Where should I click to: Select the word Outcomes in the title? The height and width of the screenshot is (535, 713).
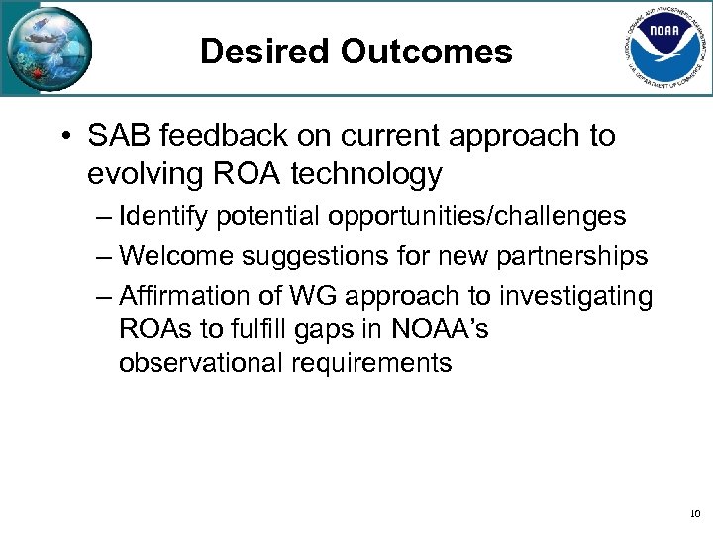[427, 52]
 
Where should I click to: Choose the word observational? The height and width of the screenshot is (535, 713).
[201, 363]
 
